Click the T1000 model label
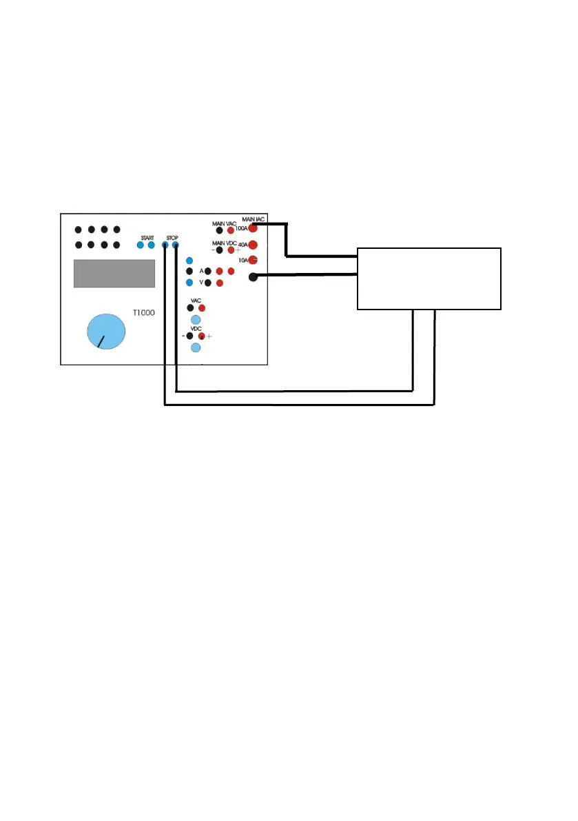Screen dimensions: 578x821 (143, 312)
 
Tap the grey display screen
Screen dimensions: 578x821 (114, 274)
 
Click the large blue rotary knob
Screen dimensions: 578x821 (107, 332)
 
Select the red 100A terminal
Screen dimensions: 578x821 (253, 227)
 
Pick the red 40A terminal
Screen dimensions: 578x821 (253, 243)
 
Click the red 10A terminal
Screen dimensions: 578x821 (253, 260)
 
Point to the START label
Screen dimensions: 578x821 (147, 237)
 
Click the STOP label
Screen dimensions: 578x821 (172, 237)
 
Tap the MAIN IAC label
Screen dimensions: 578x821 (254, 219)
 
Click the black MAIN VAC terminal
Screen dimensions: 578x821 (219, 230)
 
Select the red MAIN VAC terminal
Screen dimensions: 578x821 (231, 230)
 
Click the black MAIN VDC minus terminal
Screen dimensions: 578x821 (219, 250)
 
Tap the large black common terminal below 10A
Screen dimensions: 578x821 (253, 277)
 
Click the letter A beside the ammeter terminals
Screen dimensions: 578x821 (201, 272)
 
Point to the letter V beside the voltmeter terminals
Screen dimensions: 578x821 (201, 283)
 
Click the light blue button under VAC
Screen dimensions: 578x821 (195, 320)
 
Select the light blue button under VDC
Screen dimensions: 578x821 (195, 348)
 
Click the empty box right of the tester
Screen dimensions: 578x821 (429, 278)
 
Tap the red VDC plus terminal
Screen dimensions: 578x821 (202, 336)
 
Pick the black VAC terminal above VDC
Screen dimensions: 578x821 (190, 307)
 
